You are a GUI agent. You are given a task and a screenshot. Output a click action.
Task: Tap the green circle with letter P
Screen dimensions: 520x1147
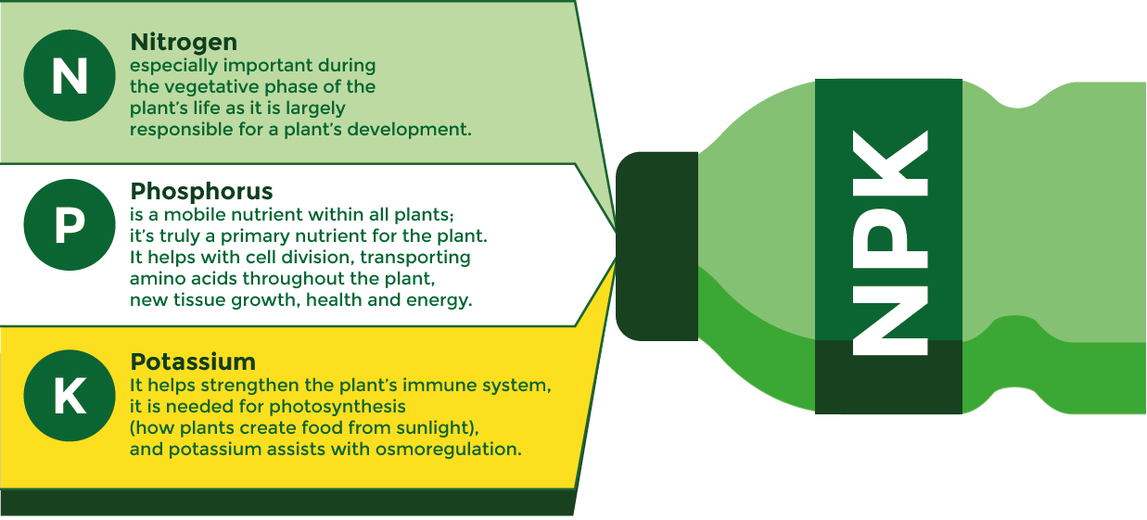70,225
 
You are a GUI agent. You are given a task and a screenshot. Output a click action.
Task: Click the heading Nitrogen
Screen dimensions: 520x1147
184,43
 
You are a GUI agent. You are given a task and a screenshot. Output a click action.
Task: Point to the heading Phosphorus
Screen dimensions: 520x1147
201,191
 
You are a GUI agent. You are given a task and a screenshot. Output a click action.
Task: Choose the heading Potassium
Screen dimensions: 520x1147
193,361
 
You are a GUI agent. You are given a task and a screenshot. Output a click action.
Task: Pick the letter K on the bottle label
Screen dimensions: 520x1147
890,163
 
